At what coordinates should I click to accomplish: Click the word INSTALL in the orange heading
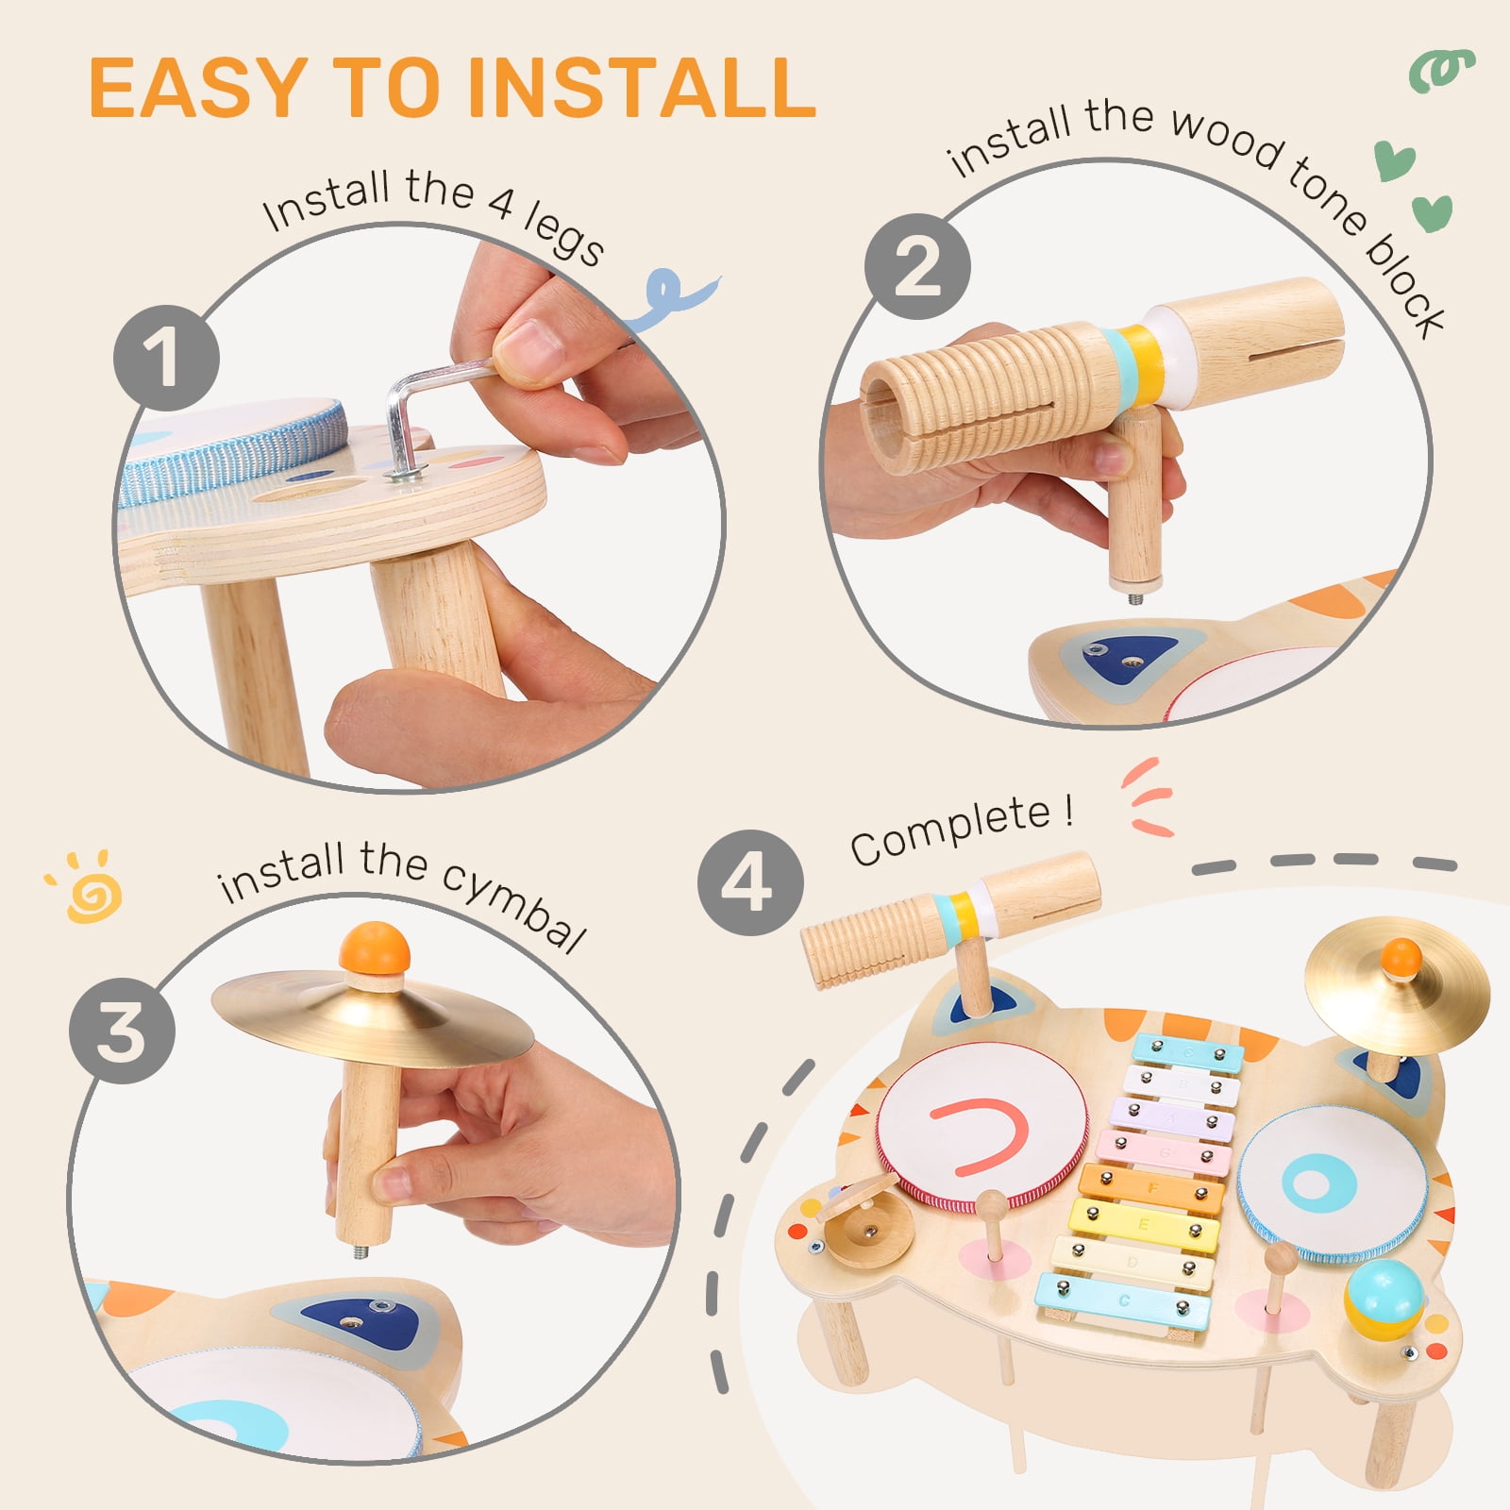642,88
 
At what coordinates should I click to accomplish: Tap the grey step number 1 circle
166,357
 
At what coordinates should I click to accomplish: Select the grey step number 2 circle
917,266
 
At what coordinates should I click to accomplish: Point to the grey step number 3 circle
123,1031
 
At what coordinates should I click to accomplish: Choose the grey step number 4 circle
750,883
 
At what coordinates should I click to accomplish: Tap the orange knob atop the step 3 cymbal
375,948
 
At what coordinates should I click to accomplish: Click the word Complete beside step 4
950,830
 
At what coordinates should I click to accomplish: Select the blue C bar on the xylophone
1123,1301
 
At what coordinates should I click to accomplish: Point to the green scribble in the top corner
1441,70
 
